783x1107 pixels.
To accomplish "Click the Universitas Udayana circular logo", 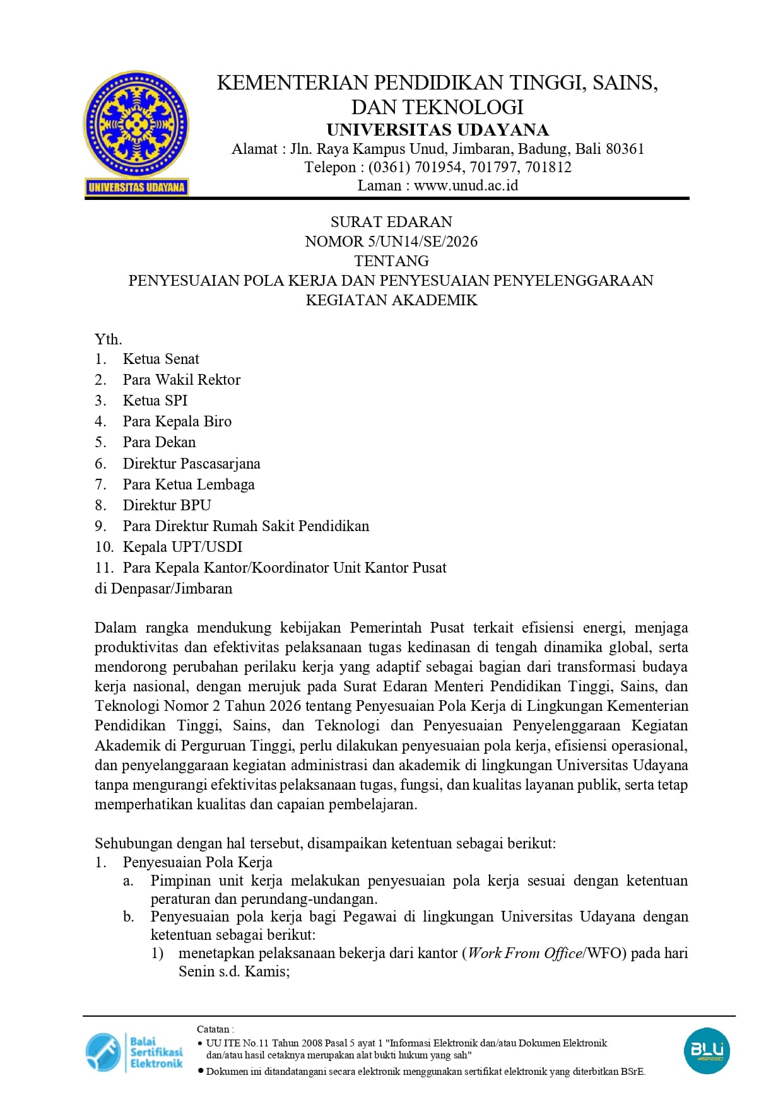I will [136, 125].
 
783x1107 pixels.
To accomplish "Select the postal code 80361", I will [625, 149].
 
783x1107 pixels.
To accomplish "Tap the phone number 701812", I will [548, 167].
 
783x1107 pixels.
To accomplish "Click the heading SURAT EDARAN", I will [391, 222].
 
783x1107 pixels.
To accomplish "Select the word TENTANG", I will [391, 261].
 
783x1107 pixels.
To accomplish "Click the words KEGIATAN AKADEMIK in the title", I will [391, 300].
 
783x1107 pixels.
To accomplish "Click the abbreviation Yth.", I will [108, 339].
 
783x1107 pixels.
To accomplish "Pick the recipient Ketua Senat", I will [161, 359].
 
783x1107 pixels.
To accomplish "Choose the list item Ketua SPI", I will [155, 401].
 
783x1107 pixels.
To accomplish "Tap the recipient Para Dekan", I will [159, 442].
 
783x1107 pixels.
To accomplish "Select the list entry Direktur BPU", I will [167, 505].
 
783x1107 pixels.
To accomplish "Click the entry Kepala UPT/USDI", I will [182, 547].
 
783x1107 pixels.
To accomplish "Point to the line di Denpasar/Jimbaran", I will [163, 589].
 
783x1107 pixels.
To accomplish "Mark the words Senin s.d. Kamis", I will [233, 971].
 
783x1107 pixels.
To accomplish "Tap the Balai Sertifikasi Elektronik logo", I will [134, 1052].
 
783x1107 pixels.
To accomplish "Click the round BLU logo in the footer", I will [707, 1051].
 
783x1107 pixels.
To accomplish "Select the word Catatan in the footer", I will [213, 1029].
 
